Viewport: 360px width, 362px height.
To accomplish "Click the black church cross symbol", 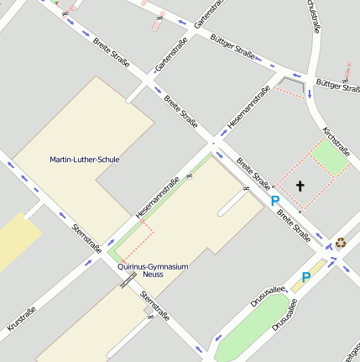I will click(x=300, y=185).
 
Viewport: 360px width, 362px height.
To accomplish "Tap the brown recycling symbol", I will click(x=340, y=243).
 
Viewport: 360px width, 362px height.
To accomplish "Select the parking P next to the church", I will click(x=274, y=201).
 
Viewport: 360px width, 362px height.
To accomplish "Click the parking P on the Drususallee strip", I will click(x=306, y=277).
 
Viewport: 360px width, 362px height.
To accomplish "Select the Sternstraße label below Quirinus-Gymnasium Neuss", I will click(x=155, y=307).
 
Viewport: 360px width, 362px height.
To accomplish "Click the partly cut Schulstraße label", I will click(x=312, y=15).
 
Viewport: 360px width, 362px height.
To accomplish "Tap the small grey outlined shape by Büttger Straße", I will click(x=294, y=85).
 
